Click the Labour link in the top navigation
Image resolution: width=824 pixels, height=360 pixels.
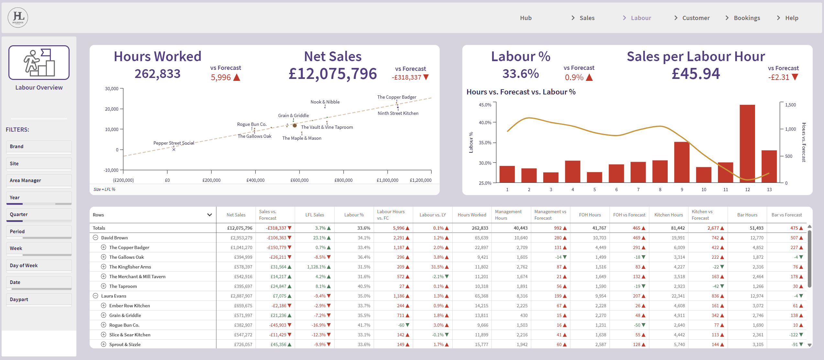pyautogui.click(x=641, y=18)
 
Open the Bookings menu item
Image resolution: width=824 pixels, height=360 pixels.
pyautogui.click(x=747, y=18)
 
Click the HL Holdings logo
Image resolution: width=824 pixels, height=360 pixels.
pyautogui.click(x=18, y=17)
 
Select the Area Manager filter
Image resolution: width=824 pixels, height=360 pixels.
pyautogui.click(x=39, y=180)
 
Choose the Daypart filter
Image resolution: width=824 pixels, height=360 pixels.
pyautogui.click(x=39, y=300)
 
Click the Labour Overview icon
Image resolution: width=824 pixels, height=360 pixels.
pyautogui.click(x=39, y=62)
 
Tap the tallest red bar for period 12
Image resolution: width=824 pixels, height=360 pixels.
pyautogui.click(x=747, y=144)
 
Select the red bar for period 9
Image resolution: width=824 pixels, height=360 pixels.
pyautogui.click(x=682, y=162)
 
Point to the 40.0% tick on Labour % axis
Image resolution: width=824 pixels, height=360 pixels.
pyautogui.click(x=485, y=123)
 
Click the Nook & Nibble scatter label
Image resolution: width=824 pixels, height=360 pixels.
pyautogui.click(x=325, y=102)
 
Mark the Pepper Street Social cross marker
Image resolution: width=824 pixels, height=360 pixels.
pyautogui.click(x=174, y=149)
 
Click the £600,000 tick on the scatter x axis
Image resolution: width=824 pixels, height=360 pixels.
pyautogui.click(x=299, y=180)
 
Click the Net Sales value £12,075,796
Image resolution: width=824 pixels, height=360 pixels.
pyautogui.click(x=333, y=74)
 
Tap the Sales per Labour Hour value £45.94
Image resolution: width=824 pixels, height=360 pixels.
pyautogui.click(x=696, y=74)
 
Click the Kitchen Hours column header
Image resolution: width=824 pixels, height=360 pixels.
pyautogui.click(x=668, y=215)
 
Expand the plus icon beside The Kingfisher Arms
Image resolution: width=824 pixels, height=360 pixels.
pyautogui.click(x=104, y=267)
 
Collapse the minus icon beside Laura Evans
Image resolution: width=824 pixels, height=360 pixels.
pyautogui.click(x=95, y=296)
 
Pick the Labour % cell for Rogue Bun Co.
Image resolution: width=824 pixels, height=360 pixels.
pyautogui.click(x=364, y=325)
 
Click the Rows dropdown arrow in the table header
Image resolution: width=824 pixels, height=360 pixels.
pyautogui.click(x=210, y=215)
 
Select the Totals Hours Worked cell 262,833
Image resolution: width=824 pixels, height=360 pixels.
pyautogui.click(x=480, y=228)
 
